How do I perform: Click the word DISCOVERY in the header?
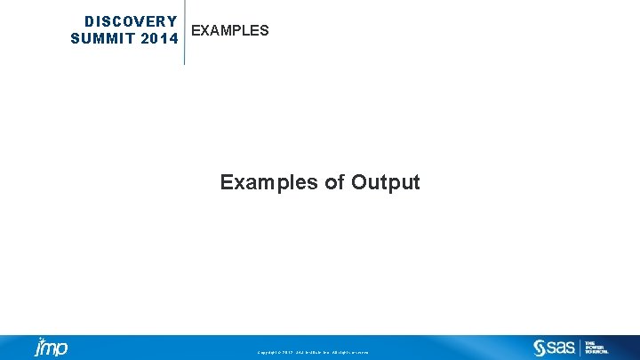pos(131,21)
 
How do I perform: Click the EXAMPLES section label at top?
pos(230,31)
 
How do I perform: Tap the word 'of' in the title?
pos(334,182)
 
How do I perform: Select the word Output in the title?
pos(386,182)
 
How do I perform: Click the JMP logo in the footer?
pos(51,347)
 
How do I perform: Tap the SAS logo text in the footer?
pos(561,348)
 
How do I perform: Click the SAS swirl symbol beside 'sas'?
pos(539,348)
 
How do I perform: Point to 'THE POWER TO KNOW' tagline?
pos(596,348)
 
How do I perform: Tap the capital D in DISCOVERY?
pos(89,21)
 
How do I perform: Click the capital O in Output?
pos(359,182)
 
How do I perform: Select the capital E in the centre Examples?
pos(227,182)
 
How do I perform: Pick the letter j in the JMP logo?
pos(39,348)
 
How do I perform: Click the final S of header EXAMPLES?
pos(264,31)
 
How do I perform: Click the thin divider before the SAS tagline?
pos(580,348)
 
